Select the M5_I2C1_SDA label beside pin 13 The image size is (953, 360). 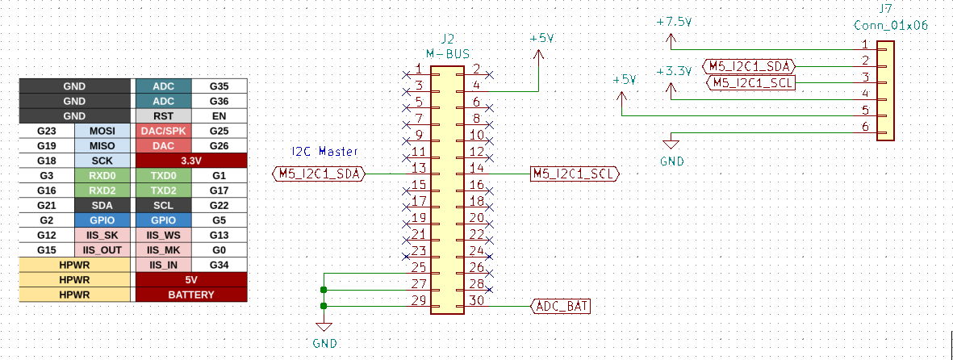click(320, 174)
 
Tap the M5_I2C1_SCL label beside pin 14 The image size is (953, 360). click(575, 174)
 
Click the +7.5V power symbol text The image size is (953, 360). click(674, 23)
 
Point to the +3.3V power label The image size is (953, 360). click(674, 71)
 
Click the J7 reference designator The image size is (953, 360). click(884, 10)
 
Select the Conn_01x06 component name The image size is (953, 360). click(891, 26)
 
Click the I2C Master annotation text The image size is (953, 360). click(324, 152)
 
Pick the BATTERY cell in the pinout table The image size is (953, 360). click(191, 295)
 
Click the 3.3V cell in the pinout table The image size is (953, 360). click(191, 161)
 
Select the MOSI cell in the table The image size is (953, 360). click(102, 131)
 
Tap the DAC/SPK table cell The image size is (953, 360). click(163, 131)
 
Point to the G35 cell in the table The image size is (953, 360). click(219, 86)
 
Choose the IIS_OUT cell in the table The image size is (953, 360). click(102, 250)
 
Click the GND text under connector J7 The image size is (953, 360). click(671, 161)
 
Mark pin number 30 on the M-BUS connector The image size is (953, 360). click(476, 300)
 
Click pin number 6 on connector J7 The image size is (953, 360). click(865, 127)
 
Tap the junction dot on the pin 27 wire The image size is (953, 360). click(324, 290)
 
